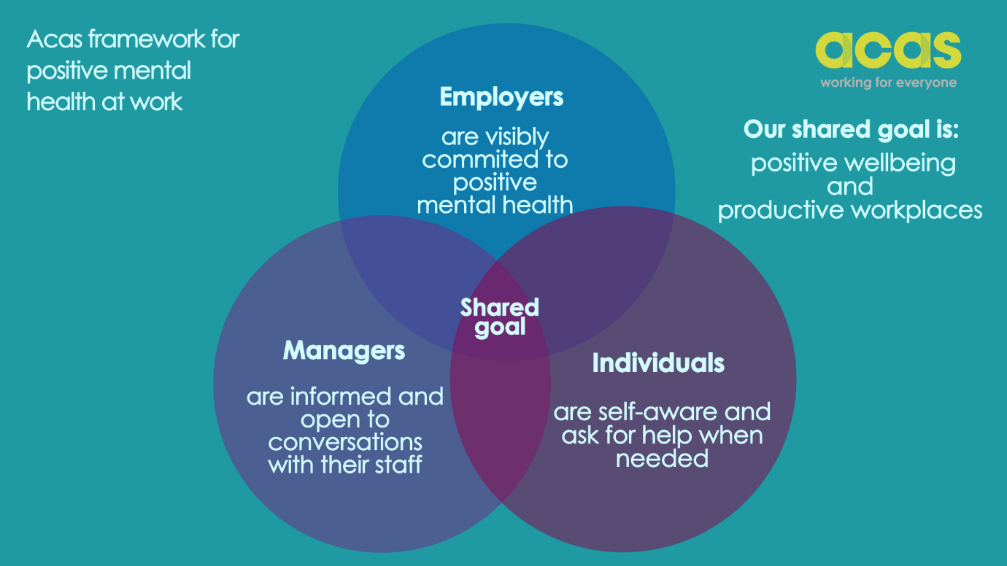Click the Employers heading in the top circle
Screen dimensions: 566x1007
tap(501, 97)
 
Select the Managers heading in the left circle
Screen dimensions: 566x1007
tap(344, 351)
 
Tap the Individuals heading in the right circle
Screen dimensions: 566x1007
tap(658, 363)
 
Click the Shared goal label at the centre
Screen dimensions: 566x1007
tap(500, 317)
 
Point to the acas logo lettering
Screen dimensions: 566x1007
tap(888, 51)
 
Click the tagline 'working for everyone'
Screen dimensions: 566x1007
tap(888, 82)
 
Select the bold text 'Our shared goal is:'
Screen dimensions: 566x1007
tap(851, 130)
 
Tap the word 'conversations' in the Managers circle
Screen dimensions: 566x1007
tap(345, 443)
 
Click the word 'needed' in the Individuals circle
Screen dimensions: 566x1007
tap(663, 458)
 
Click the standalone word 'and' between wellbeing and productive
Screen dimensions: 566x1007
tap(850, 187)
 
